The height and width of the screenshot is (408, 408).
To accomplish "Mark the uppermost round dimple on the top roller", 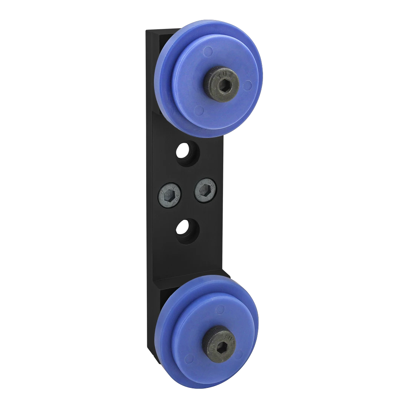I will click(208, 49).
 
